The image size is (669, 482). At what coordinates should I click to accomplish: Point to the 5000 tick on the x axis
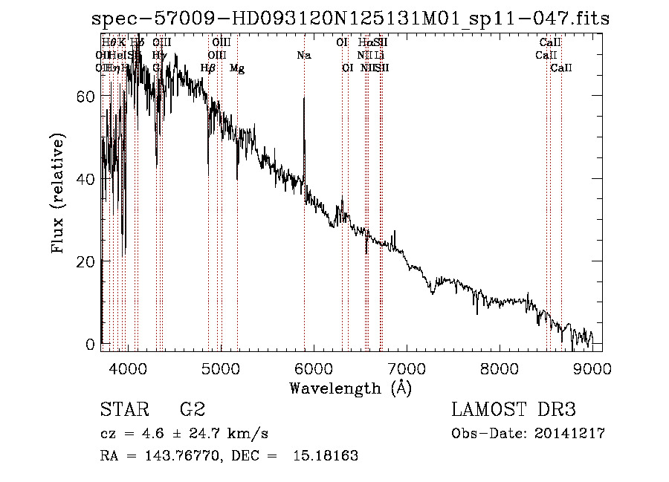click(x=220, y=368)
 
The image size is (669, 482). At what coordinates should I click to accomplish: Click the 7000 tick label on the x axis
click(x=406, y=368)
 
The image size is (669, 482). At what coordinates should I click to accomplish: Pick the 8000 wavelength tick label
click(x=499, y=368)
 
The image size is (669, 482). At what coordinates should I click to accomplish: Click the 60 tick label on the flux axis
click(x=86, y=97)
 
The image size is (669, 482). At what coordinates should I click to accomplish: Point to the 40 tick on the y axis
click(x=86, y=179)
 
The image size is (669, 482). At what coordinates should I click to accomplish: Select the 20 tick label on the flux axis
click(x=86, y=261)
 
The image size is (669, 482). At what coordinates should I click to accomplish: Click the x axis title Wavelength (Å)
click(x=350, y=388)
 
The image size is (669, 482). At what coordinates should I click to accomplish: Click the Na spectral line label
click(x=303, y=56)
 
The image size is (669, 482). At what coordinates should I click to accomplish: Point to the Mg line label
click(x=237, y=68)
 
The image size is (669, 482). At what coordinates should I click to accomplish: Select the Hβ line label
click(x=208, y=68)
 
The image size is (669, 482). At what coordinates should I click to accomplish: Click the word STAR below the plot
click(x=123, y=410)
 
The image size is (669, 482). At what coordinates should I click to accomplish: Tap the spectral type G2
click(x=192, y=410)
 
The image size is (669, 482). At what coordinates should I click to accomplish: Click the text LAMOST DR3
click(x=514, y=410)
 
